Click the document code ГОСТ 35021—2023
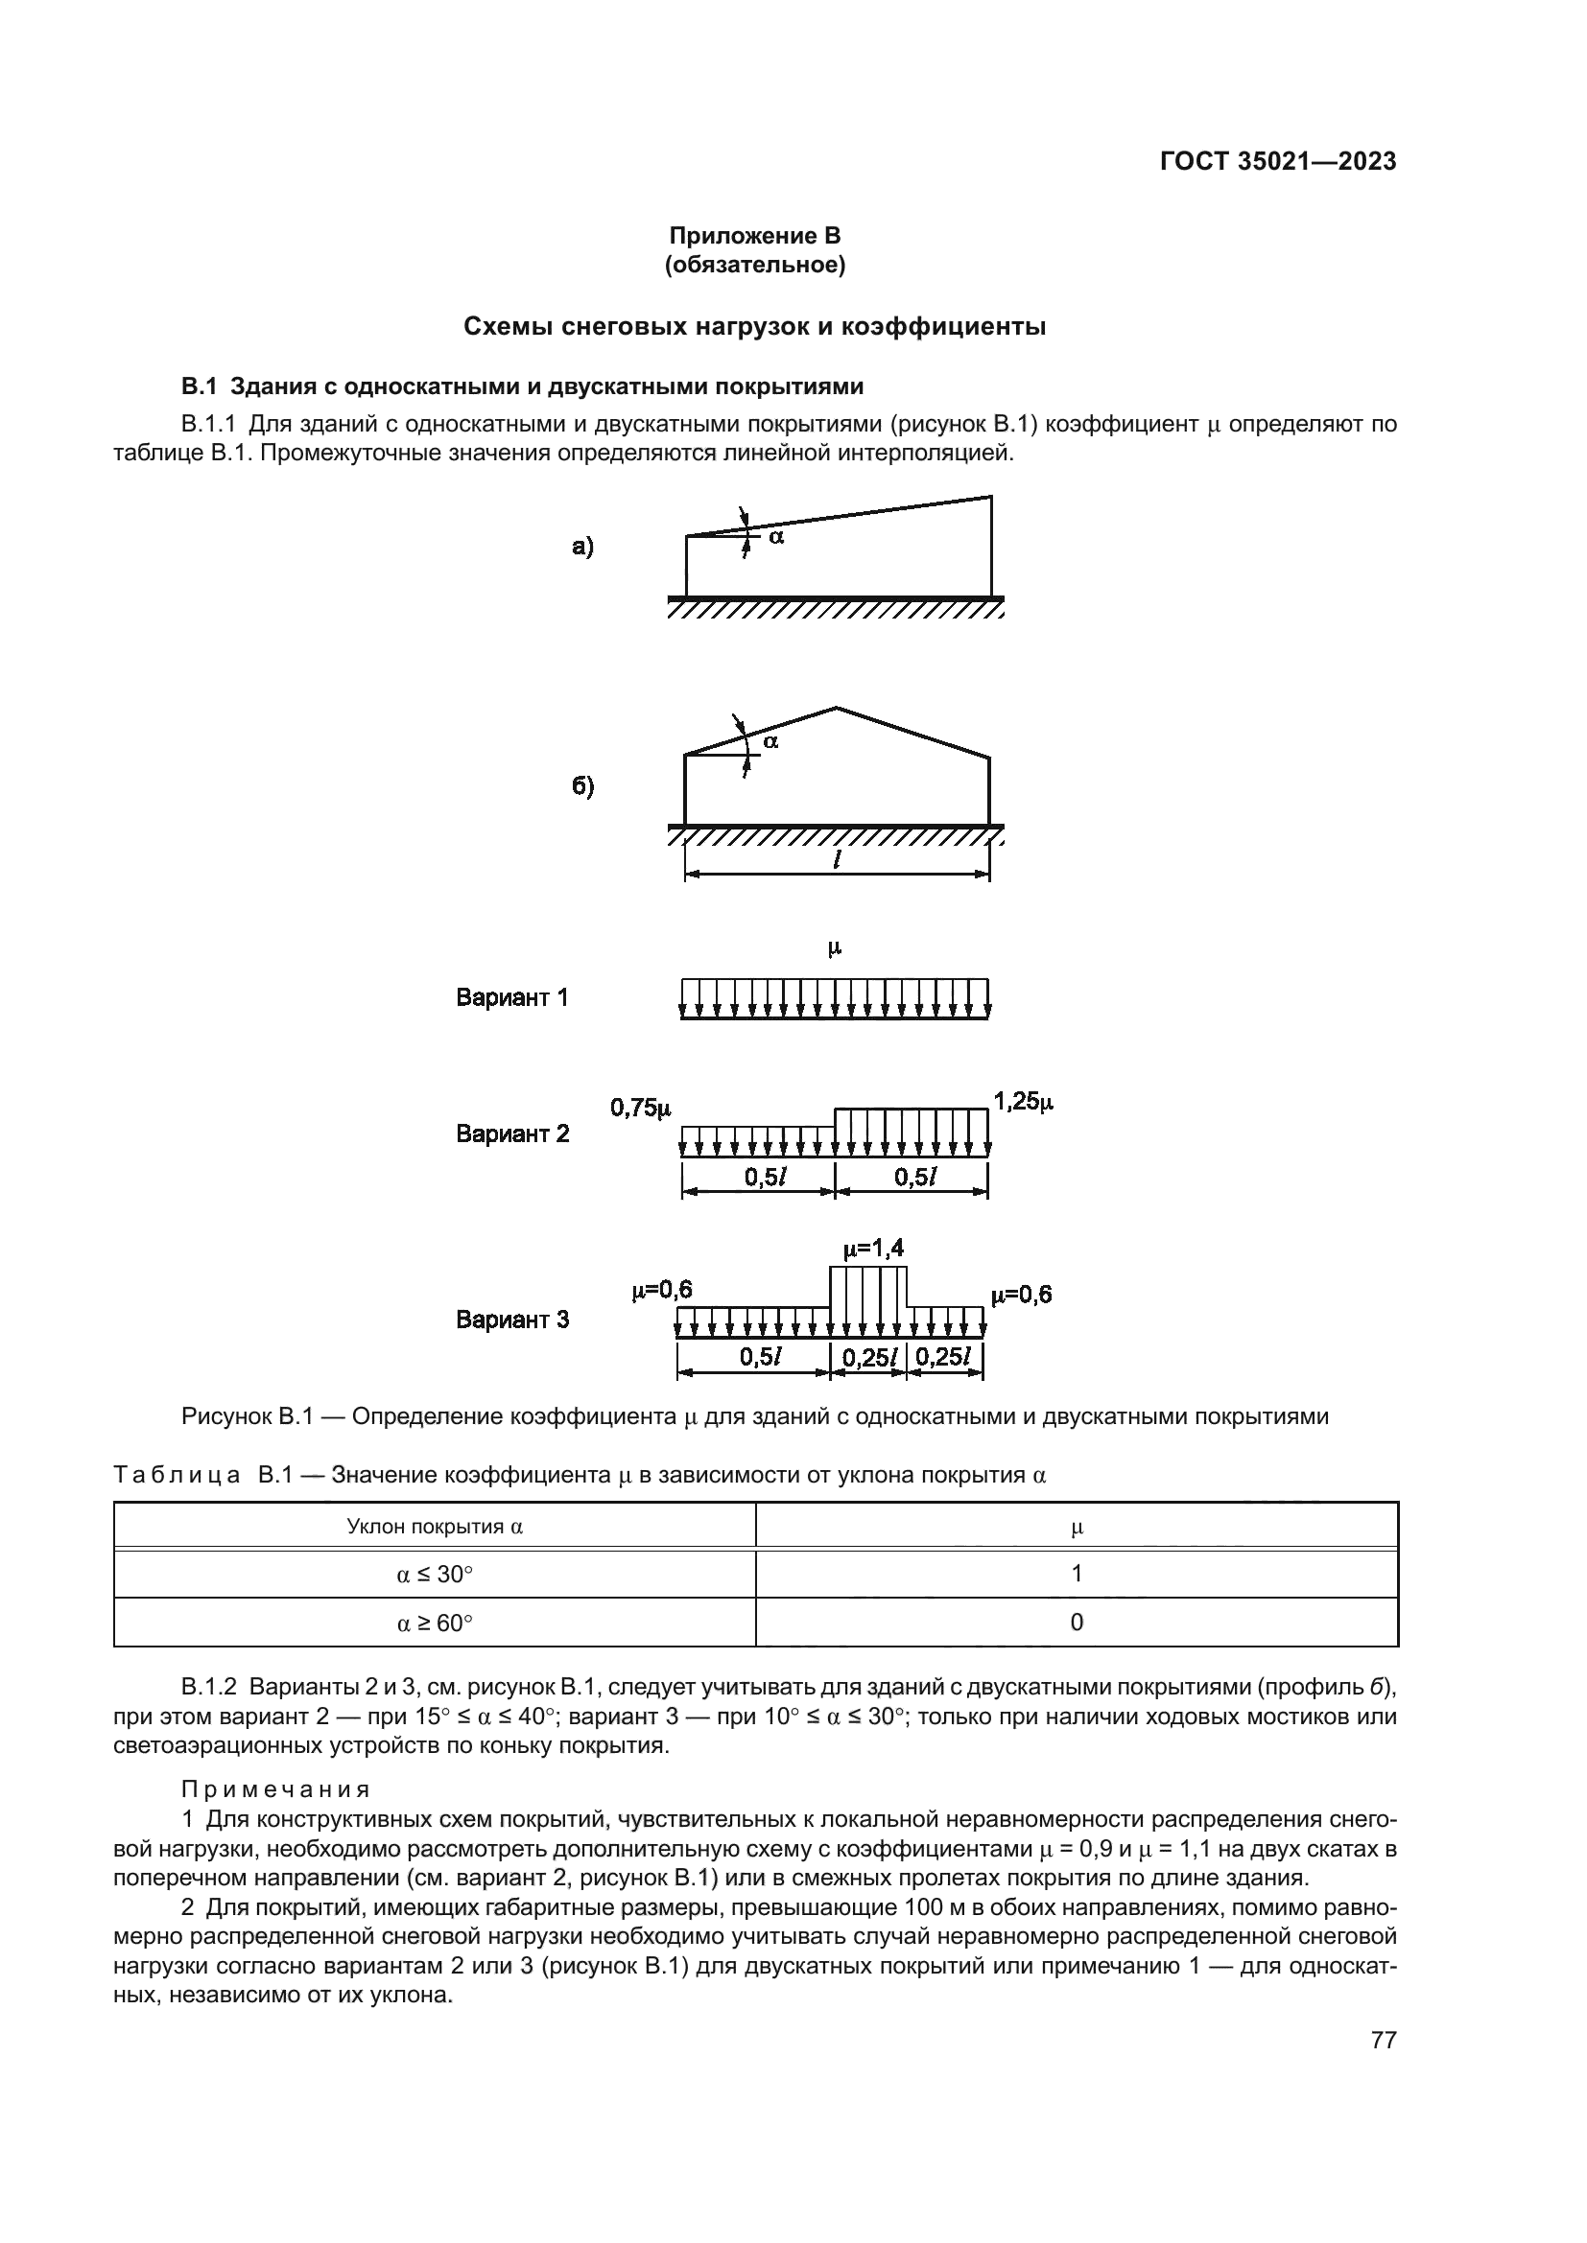[x=1278, y=161]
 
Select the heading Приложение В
[x=754, y=236]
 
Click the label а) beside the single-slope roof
[x=582, y=546]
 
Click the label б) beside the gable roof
[x=582, y=786]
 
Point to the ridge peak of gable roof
[x=836, y=708]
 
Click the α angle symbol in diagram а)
[x=775, y=536]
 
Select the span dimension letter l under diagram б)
[x=838, y=859]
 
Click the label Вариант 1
[x=512, y=997]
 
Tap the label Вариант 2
[x=512, y=1133]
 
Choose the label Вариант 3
[x=512, y=1320]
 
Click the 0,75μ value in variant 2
[x=641, y=1108]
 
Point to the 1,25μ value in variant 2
[x=1024, y=1102]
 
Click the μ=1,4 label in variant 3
[x=874, y=1249]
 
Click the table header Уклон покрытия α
[x=435, y=1527]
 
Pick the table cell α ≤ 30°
[x=435, y=1574]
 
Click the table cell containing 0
[x=1077, y=1623]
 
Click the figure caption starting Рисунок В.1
[x=754, y=1416]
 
